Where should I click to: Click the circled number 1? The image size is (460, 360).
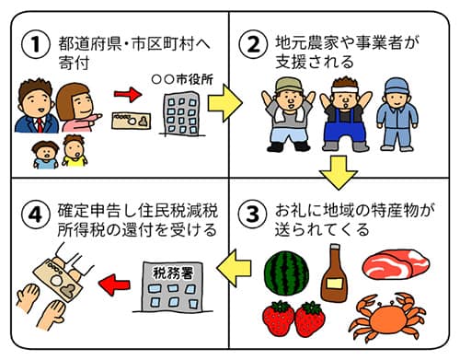coord(35,44)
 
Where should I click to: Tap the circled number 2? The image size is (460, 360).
coord(253,44)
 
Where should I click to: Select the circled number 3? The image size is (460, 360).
coord(253,214)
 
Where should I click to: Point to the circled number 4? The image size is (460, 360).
coord(35,214)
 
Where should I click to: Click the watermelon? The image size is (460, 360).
coord(286,274)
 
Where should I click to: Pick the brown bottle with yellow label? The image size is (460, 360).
coord(334,273)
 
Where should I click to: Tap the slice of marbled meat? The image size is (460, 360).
coord(396,264)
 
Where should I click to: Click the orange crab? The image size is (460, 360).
coord(388,317)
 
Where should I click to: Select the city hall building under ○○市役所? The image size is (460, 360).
coord(181,114)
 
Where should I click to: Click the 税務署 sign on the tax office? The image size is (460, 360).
coord(173,273)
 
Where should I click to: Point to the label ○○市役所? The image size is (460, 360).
coord(182,80)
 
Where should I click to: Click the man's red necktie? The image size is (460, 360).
coord(40,125)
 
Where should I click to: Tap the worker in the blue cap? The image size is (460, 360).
coord(397,114)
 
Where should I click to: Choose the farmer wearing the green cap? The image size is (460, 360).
coord(288,114)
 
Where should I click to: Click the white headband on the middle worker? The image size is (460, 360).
coord(345,89)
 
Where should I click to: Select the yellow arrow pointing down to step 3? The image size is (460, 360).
coord(339,172)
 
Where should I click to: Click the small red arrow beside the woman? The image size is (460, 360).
coord(128,94)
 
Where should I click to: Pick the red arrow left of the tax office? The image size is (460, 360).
coord(114,285)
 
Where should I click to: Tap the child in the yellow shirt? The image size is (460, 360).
coord(75,151)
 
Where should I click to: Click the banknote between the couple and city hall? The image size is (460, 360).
coord(132,121)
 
